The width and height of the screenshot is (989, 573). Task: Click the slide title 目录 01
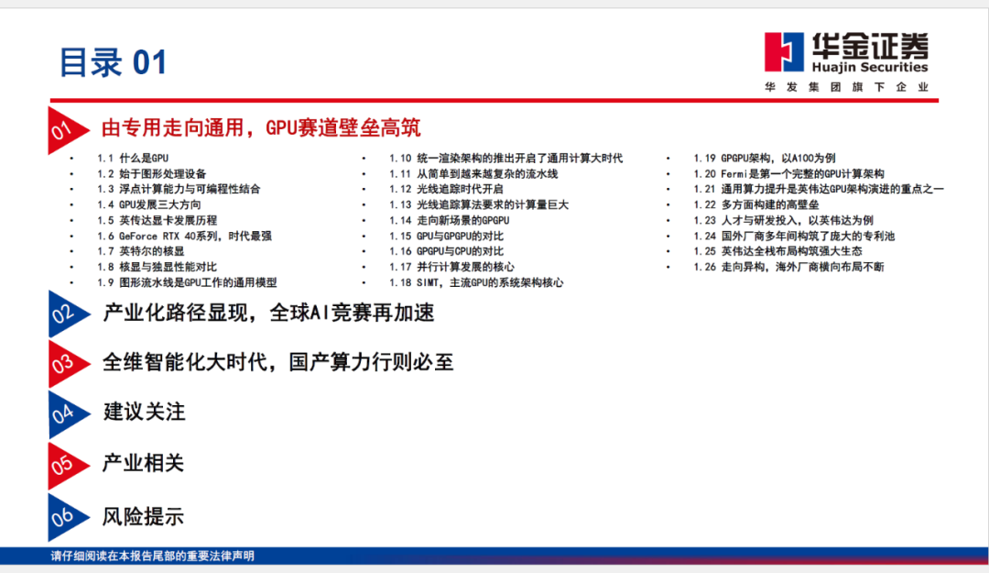point(113,63)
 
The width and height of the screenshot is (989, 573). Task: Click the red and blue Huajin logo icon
point(784,52)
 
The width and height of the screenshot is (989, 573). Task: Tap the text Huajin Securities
point(870,67)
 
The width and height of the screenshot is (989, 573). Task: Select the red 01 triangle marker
point(68,130)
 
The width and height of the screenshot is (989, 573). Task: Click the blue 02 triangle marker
point(68,314)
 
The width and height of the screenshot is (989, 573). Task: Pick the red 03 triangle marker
point(68,364)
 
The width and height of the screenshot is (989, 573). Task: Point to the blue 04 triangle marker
point(68,414)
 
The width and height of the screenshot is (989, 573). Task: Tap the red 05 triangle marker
point(68,466)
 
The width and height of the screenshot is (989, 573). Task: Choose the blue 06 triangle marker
point(68,517)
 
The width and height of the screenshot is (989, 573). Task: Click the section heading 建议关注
point(145,412)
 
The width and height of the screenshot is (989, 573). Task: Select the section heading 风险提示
point(144,517)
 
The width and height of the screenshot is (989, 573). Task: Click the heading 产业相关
point(144,463)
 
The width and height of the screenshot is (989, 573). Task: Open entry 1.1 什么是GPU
point(133,158)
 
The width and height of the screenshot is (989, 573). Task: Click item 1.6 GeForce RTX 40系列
point(184,236)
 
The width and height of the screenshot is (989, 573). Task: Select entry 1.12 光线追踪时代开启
point(446,189)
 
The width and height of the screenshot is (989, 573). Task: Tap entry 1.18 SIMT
point(476,282)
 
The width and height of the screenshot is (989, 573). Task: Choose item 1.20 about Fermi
point(788,173)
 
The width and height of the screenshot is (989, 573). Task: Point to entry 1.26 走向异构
point(788,267)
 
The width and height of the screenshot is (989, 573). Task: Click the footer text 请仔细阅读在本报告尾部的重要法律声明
point(153,556)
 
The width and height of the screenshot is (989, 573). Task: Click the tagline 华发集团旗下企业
point(846,87)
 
